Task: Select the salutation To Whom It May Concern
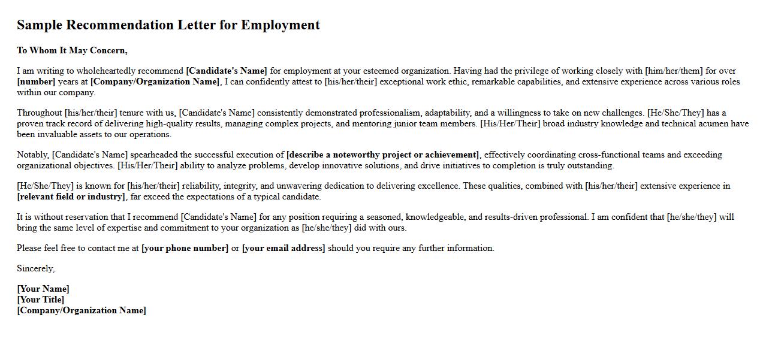pyautogui.click(x=72, y=50)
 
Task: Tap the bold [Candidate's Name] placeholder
pyautogui.click(x=227, y=71)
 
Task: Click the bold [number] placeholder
pyautogui.click(x=36, y=81)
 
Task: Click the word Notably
pyautogui.click(x=33, y=155)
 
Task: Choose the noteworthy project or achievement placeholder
pyautogui.click(x=382, y=155)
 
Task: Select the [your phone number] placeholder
pyautogui.click(x=185, y=248)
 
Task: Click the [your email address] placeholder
pyautogui.click(x=284, y=248)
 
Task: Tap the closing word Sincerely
pyautogui.click(x=35, y=268)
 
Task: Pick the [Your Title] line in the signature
pyautogui.click(x=41, y=300)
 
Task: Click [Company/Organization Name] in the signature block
pyautogui.click(x=82, y=310)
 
